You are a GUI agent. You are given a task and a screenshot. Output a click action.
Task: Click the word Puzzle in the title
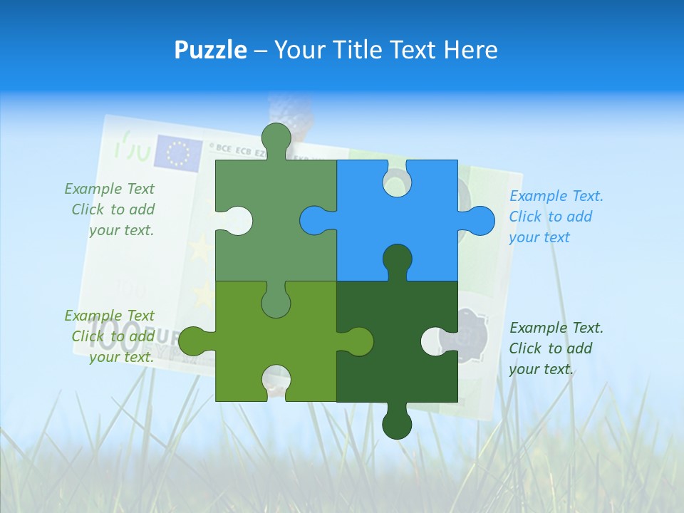pyautogui.click(x=210, y=50)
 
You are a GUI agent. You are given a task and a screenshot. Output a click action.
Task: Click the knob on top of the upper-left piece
pyautogui.click(x=276, y=137)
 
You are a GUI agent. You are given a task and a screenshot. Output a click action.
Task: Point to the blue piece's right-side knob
pyautogui.click(x=480, y=220)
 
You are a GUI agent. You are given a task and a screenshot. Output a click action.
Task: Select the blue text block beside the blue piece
pyautogui.click(x=555, y=217)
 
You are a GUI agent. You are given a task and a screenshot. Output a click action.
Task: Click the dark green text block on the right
pyautogui.click(x=555, y=348)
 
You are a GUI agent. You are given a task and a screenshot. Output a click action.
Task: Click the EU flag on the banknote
pyautogui.click(x=178, y=152)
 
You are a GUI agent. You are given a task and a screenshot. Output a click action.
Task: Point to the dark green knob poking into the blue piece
pyautogui.click(x=397, y=259)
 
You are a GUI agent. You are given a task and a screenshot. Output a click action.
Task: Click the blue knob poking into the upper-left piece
pyautogui.click(x=313, y=220)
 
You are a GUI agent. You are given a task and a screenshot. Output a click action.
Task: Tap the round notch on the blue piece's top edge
pyautogui.click(x=397, y=182)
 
